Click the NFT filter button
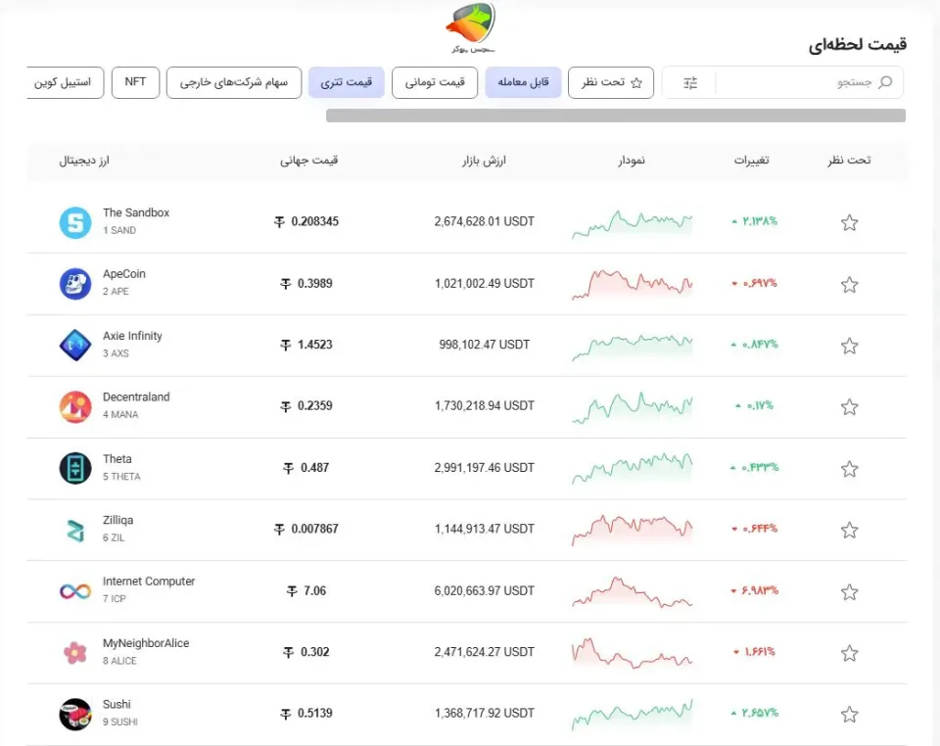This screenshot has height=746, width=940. point(135,82)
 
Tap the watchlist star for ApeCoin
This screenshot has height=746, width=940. point(849,285)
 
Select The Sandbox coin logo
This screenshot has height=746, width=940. point(75,222)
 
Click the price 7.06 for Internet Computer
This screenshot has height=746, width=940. point(306,590)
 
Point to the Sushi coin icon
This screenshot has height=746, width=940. point(75,715)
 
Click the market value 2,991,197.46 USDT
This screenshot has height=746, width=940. point(485,467)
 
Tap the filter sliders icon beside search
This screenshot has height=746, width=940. point(690,82)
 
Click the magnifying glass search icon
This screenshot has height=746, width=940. point(885,82)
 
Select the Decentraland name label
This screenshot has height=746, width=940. point(136,396)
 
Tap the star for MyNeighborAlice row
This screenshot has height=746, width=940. point(849,653)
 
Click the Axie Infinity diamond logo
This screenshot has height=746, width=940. point(75,346)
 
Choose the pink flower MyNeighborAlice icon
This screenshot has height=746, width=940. point(75,653)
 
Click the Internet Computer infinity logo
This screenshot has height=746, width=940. point(75,591)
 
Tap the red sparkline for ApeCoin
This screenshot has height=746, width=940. point(632,284)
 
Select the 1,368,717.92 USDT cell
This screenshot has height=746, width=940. point(485,713)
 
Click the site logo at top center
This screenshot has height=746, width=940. point(471,27)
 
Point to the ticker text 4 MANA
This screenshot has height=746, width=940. point(120,415)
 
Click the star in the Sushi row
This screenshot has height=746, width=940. point(849,715)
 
